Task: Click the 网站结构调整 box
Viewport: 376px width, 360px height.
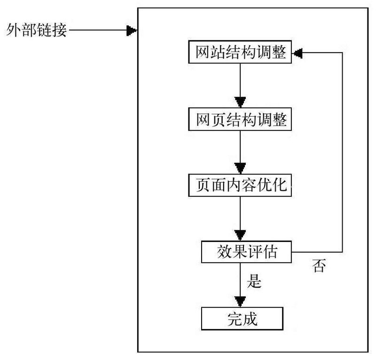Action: pyautogui.click(x=240, y=52)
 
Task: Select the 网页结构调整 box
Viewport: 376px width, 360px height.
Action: pyautogui.click(x=240, y=120)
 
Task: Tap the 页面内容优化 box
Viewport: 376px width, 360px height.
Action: pyautogui.click(x=240, y=185)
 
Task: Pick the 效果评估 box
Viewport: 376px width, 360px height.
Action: pyautogui.click(x=246, y=252)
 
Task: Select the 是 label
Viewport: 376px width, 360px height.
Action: pyautogui.click(x=254, y=282)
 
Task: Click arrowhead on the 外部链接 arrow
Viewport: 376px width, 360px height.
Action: pyautogui.click(x=132, y=32)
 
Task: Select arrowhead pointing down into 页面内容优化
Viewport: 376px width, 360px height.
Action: pyautogui.click(x=240, y=168)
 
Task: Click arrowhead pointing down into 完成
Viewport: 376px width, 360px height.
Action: pyautogui.click(x=240, y=301)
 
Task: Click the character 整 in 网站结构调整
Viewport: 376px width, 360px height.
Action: pyautogui.click(x=278, y=52)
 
